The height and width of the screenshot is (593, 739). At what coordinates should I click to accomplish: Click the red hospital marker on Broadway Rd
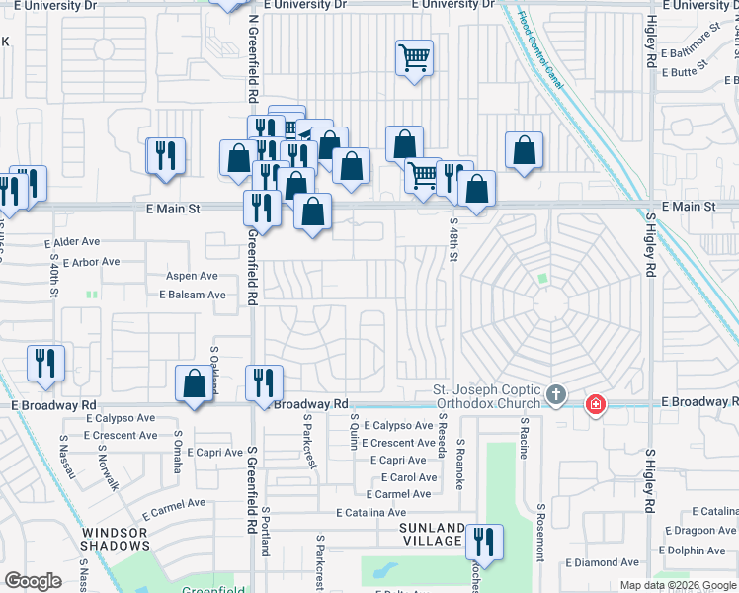[595, 404]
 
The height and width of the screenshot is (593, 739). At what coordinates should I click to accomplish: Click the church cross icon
[556, 396]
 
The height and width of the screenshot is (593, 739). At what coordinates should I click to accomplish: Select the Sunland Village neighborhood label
[432, 534]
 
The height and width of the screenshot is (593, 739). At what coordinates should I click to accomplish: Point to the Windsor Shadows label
[109, 540]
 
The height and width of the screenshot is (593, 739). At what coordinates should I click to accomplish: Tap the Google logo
[33, 581]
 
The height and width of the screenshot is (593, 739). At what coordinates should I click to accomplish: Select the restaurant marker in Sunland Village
[484, 542]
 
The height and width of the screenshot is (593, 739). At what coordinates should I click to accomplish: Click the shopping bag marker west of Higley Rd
[525, 150]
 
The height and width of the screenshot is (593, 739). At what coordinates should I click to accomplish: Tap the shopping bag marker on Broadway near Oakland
[195, 383]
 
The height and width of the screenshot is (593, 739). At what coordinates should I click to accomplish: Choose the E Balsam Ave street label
[192, 295]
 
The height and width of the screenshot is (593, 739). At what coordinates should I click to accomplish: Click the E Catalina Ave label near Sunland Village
[370, 513]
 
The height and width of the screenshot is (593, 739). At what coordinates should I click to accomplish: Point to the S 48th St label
[454, 240]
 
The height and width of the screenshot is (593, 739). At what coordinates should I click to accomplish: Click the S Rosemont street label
[540, 533]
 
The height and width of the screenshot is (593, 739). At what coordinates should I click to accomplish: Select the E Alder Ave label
[72, 241]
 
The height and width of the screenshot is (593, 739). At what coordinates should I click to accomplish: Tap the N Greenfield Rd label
[253, 59]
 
